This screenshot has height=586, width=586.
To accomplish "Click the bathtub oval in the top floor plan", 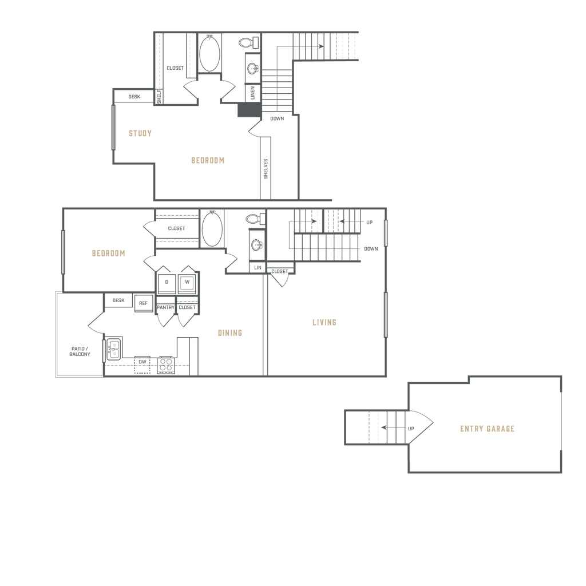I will [x=209, y=53].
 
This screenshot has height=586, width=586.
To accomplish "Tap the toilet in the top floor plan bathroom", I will [x=247, y=42].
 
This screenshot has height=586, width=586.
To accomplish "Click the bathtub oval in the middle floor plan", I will [x=211, y=228].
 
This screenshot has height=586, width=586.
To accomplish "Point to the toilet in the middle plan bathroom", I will [x=251, y=218].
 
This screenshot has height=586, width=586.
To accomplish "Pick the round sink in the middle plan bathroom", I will [x=256, y=244].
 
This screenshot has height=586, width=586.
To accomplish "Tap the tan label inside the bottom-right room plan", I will [x=487, y=429].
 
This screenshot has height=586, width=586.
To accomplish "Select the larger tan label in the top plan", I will [x=207, y=160].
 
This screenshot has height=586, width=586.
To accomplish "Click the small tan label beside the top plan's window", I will [x=140, y=134].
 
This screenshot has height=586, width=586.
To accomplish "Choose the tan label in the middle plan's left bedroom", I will [x=109, y=252].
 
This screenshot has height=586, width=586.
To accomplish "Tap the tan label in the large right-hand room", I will [x=324, y=323].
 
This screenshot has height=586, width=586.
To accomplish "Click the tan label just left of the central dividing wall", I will [x=230, y=332].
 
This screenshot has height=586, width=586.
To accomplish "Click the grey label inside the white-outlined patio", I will [x=80, y=352].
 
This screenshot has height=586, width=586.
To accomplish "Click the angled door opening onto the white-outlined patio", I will [x=95, y=323].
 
